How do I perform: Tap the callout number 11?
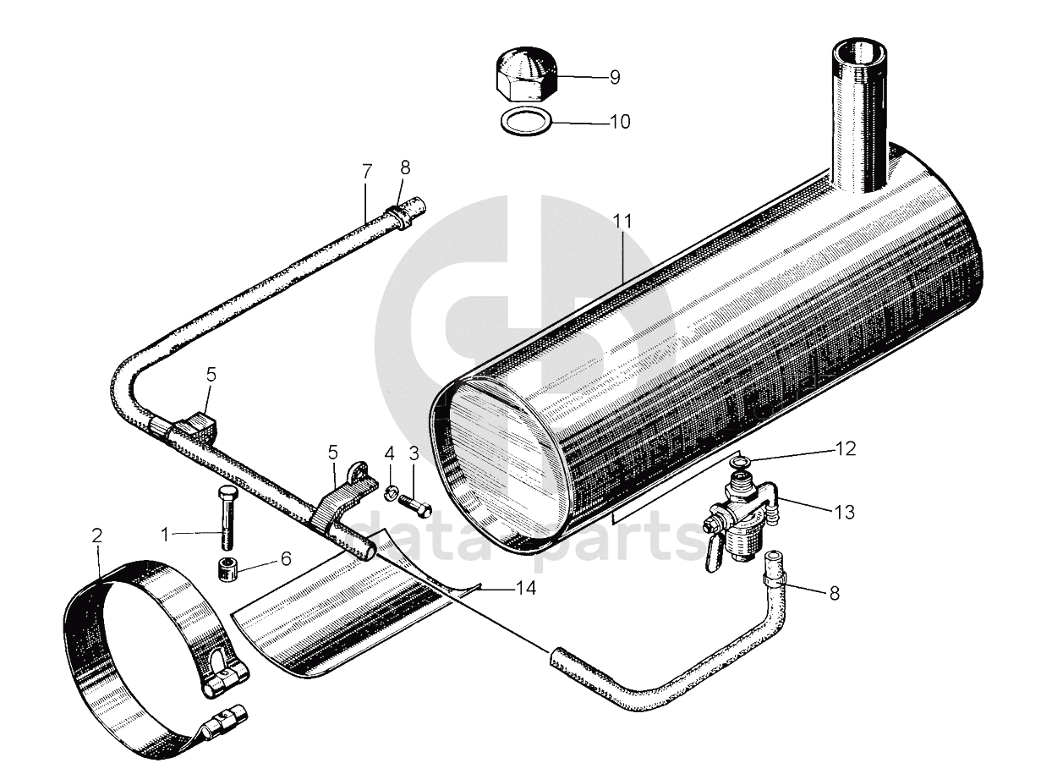coord(622,221)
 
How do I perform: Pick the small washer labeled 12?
coord(740,459)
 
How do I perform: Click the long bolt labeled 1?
coord(227,520)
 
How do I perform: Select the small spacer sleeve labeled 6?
coord(227,568)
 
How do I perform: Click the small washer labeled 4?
coord(392,491)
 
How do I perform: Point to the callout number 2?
coord(97,535)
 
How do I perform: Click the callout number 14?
coord(526,588)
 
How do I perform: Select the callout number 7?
coord(367,172)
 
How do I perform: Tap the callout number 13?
coord(843,512)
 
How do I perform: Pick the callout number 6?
coord(285,559)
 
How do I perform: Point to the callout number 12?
coord(846,448)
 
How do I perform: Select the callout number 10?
coord(620,122)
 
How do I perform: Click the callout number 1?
coord(167,533)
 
